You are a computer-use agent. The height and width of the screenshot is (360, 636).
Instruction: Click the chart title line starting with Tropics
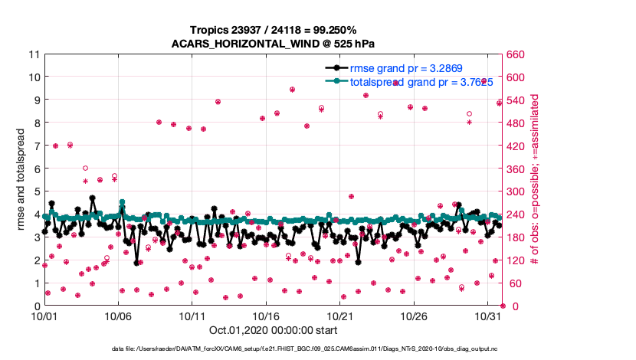(x=273, y=30)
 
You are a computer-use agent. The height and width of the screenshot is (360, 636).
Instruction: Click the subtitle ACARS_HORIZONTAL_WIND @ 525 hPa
(x=273, y=43)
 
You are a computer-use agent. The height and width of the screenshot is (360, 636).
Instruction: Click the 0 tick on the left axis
(x=36, y=306)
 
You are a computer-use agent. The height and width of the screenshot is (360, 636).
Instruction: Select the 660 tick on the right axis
(x=515, y=54)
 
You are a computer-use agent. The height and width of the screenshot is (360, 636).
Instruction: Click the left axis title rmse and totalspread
(x=22, y=180)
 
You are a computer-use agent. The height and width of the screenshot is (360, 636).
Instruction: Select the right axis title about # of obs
(x=535, y=180)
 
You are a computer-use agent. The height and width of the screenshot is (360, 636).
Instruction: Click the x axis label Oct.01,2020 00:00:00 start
(x=273, y=331)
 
